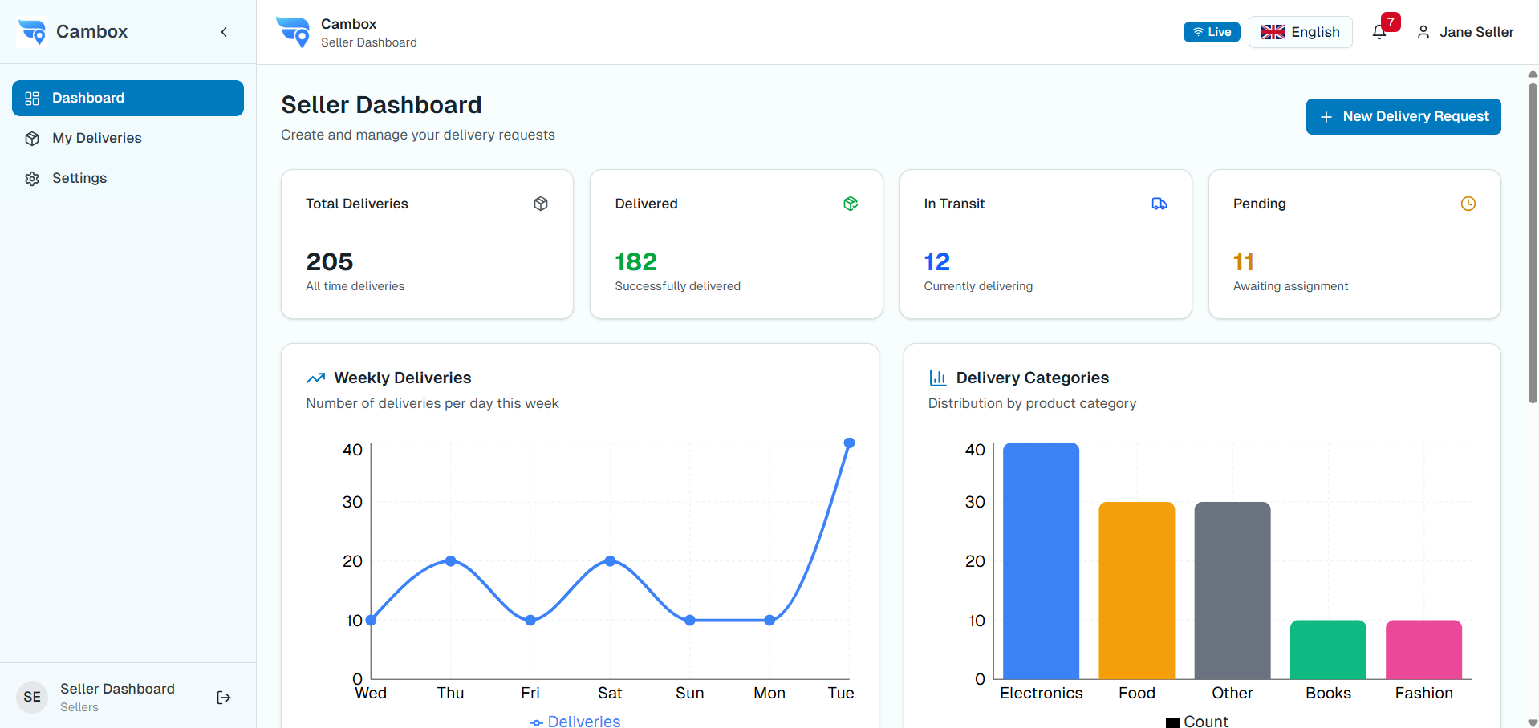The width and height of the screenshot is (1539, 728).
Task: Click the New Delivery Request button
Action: (x=1403, y=116)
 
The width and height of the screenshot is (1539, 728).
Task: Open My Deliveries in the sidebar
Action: (x=96, y=138)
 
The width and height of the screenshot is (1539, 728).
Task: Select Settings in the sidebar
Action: (x=79, y=178)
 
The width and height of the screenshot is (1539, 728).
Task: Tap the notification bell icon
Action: (x=1379, y=32)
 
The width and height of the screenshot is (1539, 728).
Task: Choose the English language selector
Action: (x=1300, y=32)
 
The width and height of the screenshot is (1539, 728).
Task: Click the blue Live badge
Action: (x=1211, y=32)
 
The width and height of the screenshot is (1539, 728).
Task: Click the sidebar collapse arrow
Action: (x=224, y=32)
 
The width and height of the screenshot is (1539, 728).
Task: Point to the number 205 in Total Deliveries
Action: (x=329, y=261)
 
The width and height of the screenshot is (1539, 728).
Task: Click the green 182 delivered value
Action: (x=635, y=261)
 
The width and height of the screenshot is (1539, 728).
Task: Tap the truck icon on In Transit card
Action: (x=1159, y=204)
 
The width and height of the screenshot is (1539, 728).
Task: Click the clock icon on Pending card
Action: (x=1468, y=204)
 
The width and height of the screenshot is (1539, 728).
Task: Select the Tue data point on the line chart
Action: (x=849, y=443)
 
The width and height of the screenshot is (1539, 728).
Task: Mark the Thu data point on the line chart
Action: (x=450, y=561)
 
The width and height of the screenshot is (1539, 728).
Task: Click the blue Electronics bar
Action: (x=1041, y=561)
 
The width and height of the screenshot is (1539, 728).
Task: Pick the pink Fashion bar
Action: (x=1423, y=649)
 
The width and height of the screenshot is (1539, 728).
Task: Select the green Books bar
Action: (x=1328, y=649)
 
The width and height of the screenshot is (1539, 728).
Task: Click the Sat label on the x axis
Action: (x=610, y=693)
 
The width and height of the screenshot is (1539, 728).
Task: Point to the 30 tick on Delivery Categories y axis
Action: (x=975, y=502)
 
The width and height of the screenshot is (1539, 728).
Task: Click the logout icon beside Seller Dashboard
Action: (x=224, y=698)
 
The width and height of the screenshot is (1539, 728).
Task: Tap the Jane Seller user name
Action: (x=1476, y=32)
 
